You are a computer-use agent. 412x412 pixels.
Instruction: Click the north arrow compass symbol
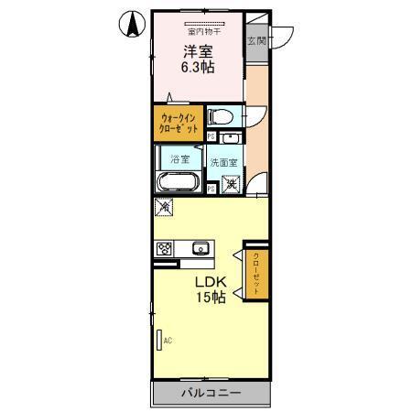pos(132,27)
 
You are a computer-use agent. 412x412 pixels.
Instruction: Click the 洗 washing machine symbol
pos(233,185)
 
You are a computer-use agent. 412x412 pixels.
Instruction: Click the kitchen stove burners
pos(165,247)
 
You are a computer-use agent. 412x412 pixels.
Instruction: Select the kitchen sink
pos(201,248)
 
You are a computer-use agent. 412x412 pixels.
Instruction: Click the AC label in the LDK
pos(168,341)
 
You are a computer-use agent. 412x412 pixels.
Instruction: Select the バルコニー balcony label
pos(210,393)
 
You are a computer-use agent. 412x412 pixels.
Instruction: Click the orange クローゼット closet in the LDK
pos(256,271)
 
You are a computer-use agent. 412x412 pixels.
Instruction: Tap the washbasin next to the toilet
pos(230,138)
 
